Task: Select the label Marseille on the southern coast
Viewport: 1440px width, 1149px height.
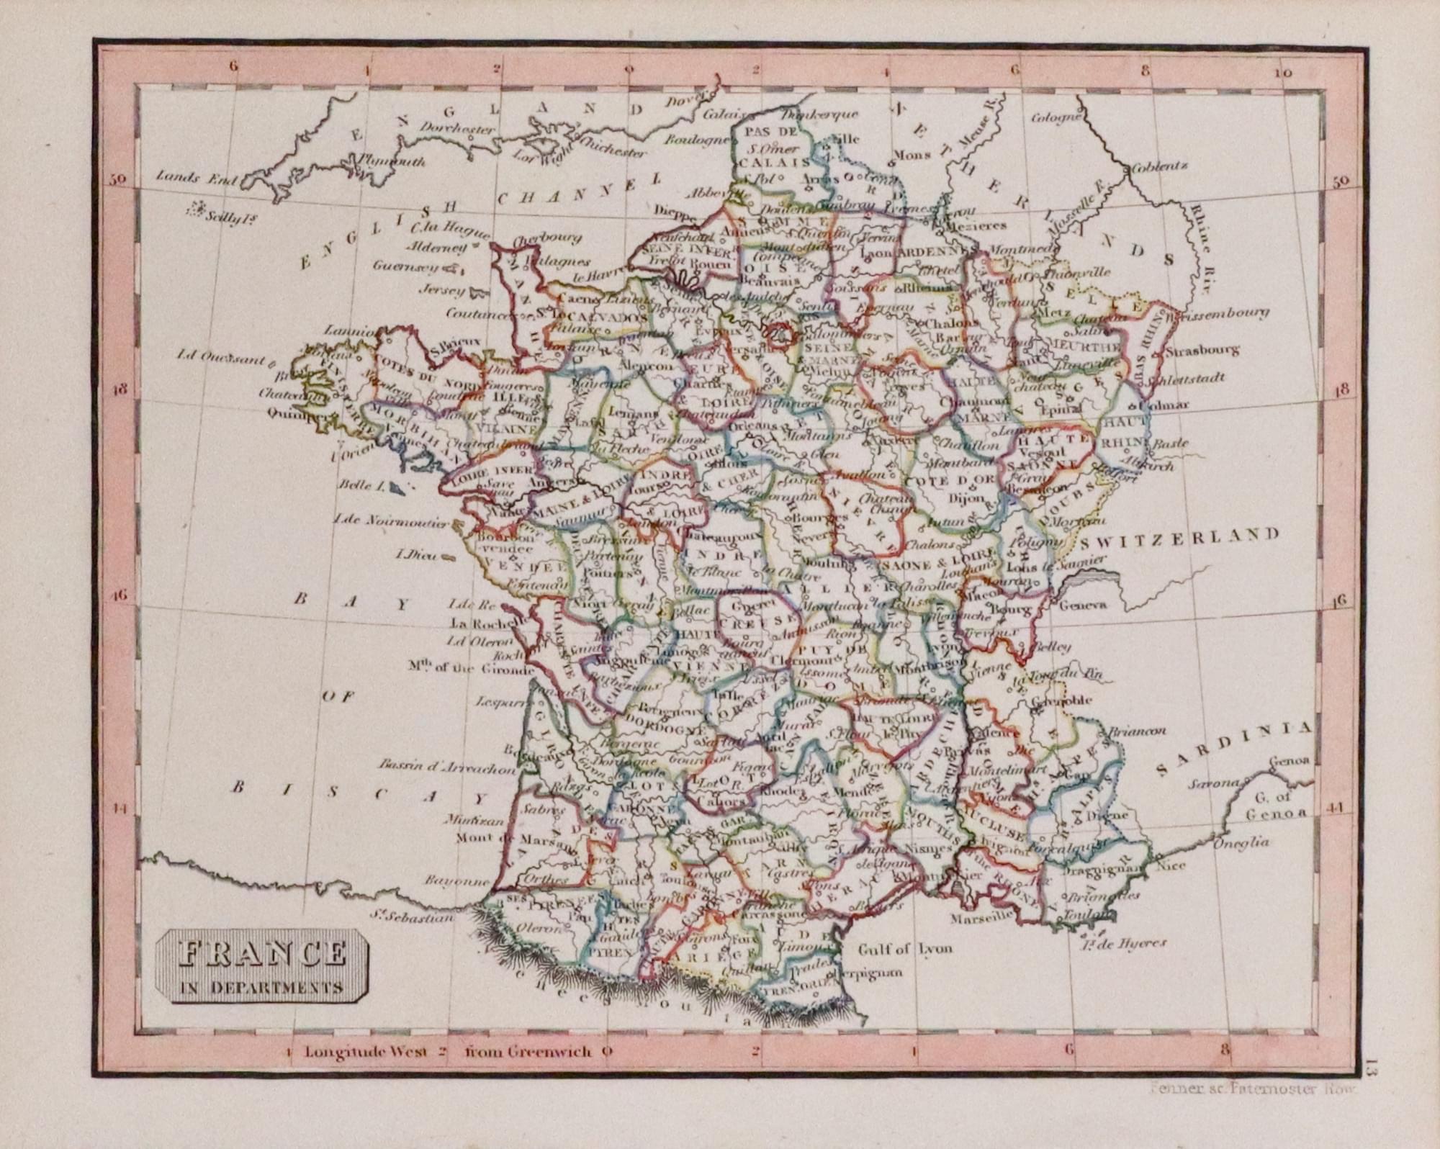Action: (x=980, y=919)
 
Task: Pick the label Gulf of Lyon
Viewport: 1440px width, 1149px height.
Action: (x=904, y=948)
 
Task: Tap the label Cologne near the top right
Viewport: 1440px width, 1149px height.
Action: (x=1056, y=117)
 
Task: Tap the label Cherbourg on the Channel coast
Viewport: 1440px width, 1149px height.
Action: (x=547, y=238)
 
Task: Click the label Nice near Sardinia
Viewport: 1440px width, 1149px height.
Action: (x=1171, y=866)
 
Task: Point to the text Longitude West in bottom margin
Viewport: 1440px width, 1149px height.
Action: (x=356, y=1052)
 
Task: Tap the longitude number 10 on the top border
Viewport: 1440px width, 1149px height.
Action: (x=1282, y=73)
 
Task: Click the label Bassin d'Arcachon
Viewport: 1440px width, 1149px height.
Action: (x=447, y=768)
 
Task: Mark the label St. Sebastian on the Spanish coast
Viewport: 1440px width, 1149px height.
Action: (x=413, y=917)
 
